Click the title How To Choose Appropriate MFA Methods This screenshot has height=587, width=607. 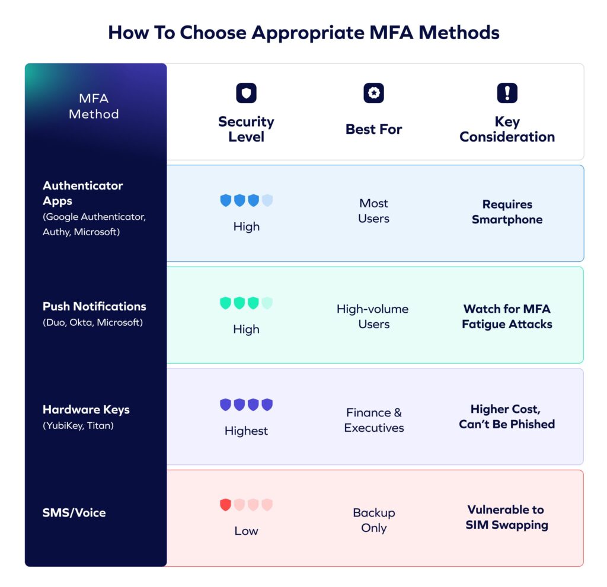(303, 32)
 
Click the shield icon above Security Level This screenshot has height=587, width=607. (246, 93)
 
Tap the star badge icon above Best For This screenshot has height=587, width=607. (373, 93)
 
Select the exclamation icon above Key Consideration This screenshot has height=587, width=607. (507, 93)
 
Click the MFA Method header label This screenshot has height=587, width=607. (94, 106)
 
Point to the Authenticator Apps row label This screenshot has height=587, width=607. (83, 193)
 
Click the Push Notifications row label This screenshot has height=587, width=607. (94, 306)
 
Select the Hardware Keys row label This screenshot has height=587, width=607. (86, 409)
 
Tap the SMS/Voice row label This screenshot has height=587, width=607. (74, 512)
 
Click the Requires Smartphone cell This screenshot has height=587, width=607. (507, 212)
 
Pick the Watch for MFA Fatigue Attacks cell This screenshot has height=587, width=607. (507, 316)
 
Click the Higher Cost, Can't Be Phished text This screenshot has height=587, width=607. (507, 416)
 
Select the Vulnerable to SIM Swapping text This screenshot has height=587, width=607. (507, 517)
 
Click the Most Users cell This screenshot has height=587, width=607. (373, 211)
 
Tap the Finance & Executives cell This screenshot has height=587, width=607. (373, 420)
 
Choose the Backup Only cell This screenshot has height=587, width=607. (373, 520)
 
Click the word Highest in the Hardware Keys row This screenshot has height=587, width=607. (246, 431)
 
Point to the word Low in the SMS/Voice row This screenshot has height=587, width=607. (246, 531)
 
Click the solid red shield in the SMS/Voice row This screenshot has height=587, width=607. (225, 505)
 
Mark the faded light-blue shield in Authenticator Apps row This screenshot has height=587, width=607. (267, 200)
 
